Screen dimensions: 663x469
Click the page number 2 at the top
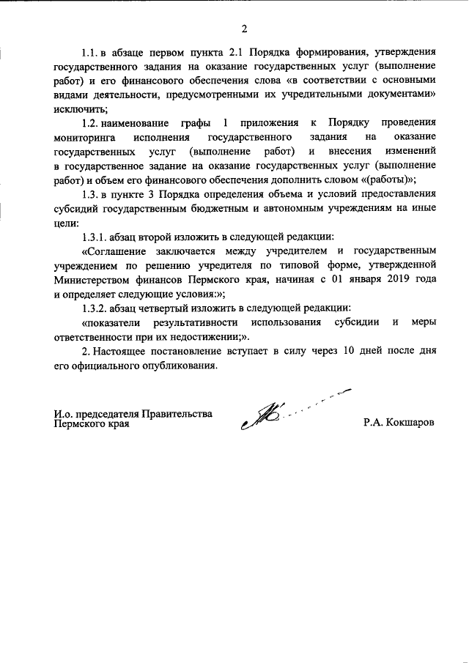[x=244, y=29]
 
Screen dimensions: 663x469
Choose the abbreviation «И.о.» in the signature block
[x=64, y=414]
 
